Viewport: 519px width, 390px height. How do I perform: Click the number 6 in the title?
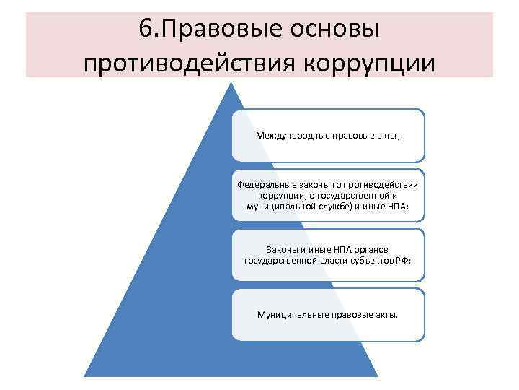(x=142, y=30)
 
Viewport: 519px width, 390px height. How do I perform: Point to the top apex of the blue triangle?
(x=230, y=82)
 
